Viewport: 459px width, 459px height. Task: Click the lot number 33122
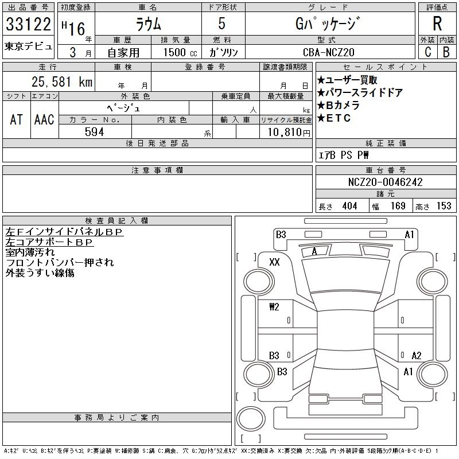[29, 25]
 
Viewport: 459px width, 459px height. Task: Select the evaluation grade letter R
[437, 24]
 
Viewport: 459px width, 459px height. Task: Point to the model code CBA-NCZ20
[329, 52]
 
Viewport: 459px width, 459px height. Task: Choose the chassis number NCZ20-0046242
[385, 182]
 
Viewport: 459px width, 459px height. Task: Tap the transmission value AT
[17, 119]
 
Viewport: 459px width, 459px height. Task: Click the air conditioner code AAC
[44, 119]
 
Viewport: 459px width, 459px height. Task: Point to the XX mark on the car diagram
[274, 262]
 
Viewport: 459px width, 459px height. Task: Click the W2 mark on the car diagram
[274, 306]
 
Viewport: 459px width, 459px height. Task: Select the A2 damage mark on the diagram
[417, 355]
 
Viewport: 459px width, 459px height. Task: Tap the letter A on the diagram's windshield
[314, 251]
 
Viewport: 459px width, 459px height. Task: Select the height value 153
[444, 206]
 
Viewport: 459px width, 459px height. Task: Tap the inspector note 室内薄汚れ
[30, 252]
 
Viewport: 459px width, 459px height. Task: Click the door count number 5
[222, 24]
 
